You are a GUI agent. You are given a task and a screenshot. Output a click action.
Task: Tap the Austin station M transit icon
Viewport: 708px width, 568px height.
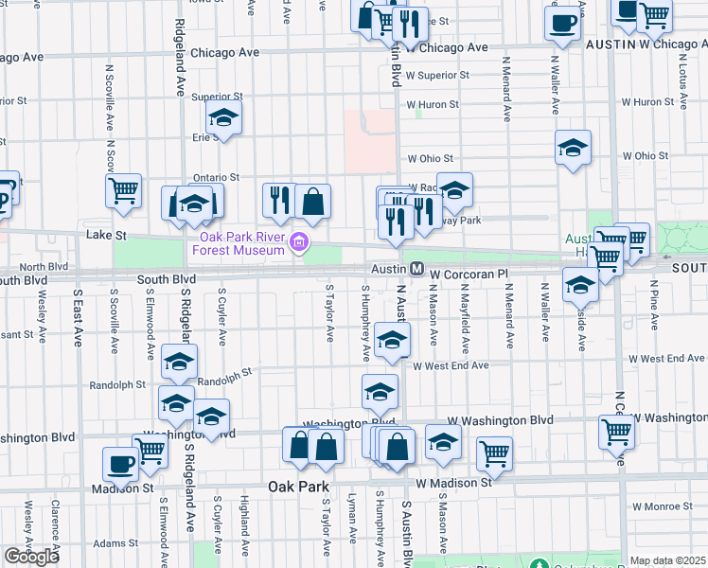click(416, 270)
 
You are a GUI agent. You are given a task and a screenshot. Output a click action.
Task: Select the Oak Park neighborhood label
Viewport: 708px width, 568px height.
click(298, 487)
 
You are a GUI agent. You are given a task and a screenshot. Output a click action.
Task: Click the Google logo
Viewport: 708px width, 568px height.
click(30, 557)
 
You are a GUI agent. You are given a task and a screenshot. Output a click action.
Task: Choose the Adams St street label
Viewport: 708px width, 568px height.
click(115, 543)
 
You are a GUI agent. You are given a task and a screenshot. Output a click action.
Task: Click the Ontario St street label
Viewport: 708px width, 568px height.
click(216, 177)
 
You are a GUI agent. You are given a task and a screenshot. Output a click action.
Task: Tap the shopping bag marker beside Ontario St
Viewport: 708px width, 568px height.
click(312, 201)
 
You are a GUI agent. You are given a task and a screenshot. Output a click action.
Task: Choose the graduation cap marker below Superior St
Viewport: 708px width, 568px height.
click(224, 117)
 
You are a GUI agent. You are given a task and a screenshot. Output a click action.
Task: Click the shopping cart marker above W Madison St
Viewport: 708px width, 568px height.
click(493, 453)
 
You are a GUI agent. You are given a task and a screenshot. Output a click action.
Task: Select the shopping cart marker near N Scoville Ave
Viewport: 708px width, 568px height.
click(123, 191)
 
